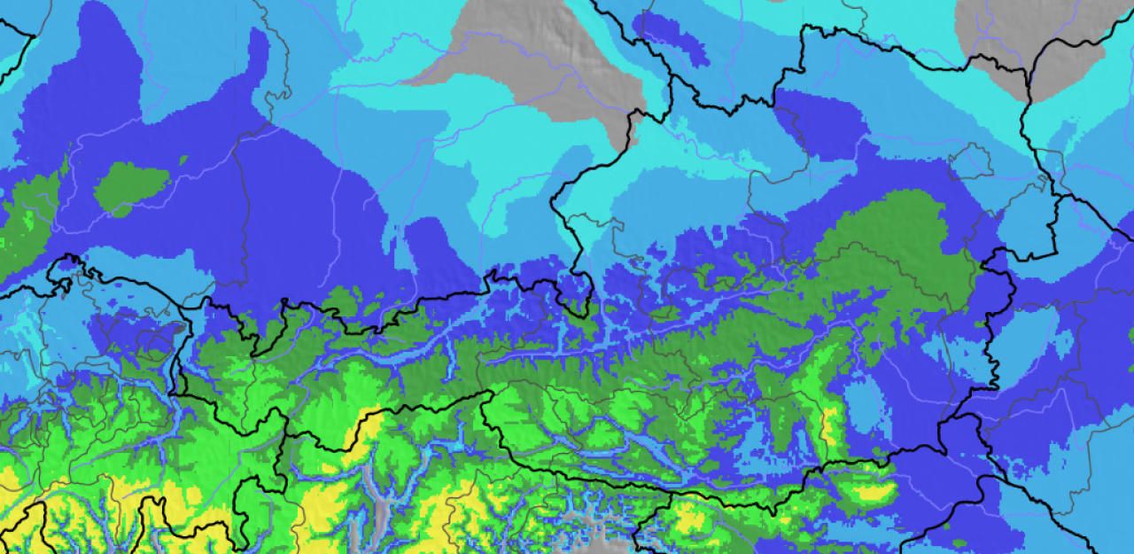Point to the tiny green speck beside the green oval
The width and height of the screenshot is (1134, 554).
pyautogui.click(x=183, y=160)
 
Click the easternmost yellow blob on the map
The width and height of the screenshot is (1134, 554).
pyautogui.click(x=873, y=492)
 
